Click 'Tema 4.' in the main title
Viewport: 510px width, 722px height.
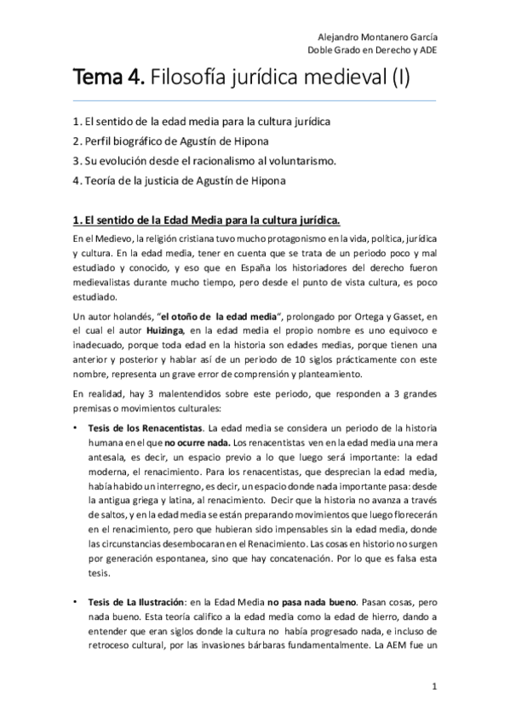pyautogui.click(x=109, y=80)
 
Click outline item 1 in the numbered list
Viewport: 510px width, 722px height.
pyautogui.click(x=202, y=121)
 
